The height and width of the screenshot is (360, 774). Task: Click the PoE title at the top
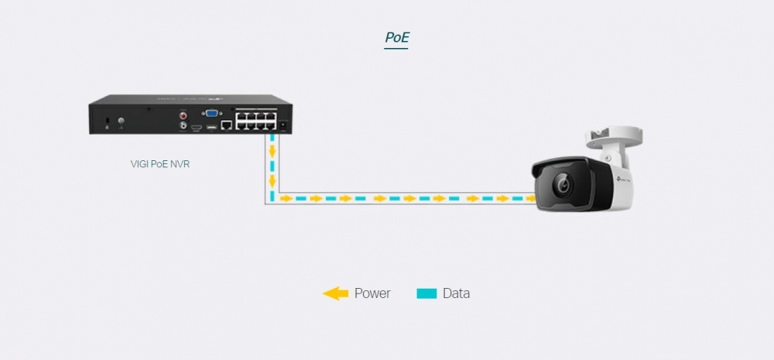pyautogui.click(x=397, y=38)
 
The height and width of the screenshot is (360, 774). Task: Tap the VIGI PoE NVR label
pyautogui.click(x=160, y=164)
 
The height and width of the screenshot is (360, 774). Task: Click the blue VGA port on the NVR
pyautogui.click(x=212, y=113)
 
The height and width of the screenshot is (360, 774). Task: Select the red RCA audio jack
pyautogui.click(x=183, y=116)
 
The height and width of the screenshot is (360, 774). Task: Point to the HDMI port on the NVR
pyautogui.click(x=197, y=128)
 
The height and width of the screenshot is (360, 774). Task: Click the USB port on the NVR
pyautogui.click(x=212, y=128)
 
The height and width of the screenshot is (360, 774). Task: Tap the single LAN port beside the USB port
pyautogui.click(x=227, y=125)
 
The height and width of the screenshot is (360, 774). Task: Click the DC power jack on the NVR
pyautogui.click(x=283, y=126)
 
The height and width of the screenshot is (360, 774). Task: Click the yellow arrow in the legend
pyautogui.click(x=336, y=294)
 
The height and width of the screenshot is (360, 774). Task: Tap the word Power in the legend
pyautogui.click(x=373, y=293)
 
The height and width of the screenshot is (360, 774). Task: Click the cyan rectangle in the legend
pyautogui.click(x=427, y=294)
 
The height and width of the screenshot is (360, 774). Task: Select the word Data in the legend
pyautogui.click(x=457, y=293)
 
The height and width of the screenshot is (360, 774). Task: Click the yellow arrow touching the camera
pyautogui.click(x=531, y=198)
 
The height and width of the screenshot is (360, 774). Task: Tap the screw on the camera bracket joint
pyautogui.click(x=608, y=157)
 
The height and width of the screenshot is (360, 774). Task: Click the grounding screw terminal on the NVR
pyautogui.click(x=121, y=121)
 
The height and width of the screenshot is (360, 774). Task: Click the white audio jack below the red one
pyautogui.click(x=183, y=127)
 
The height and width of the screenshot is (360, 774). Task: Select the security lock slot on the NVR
pyautogui.click(x=108, y=120)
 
